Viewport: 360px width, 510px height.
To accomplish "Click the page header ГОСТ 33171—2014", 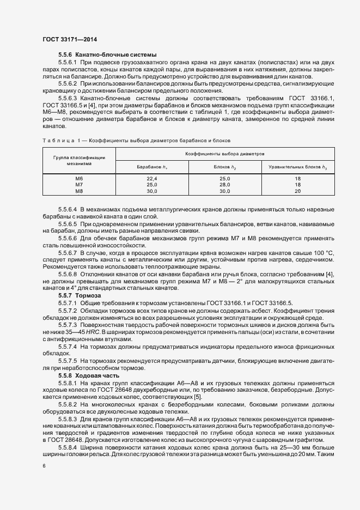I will (x=69, y=40).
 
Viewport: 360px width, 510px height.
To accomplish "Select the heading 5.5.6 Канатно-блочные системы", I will (x=107, y=55).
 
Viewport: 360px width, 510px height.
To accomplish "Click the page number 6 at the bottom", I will (x=44, y=466).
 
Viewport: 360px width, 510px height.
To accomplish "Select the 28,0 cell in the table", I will (x=225, y=185).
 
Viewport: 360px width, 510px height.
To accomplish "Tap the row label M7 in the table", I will (x=79, y=185).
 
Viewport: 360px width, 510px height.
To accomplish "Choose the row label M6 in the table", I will (x=79, y=179).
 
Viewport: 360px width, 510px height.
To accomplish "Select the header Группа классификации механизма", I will (x=79, y=160).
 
